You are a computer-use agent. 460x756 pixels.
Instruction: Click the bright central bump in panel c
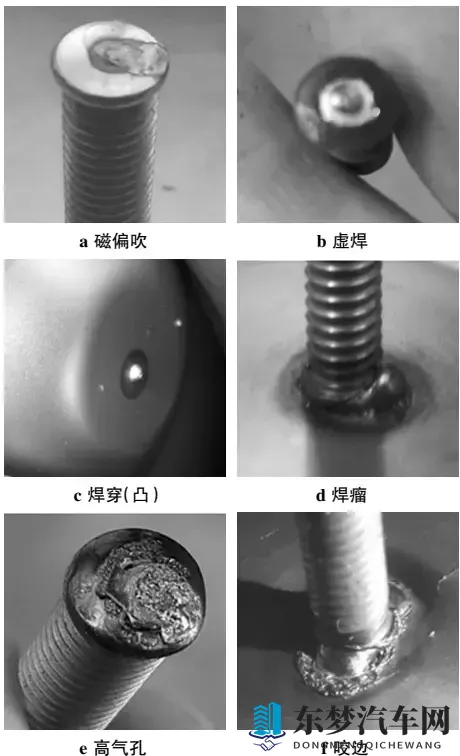point(133,373)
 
